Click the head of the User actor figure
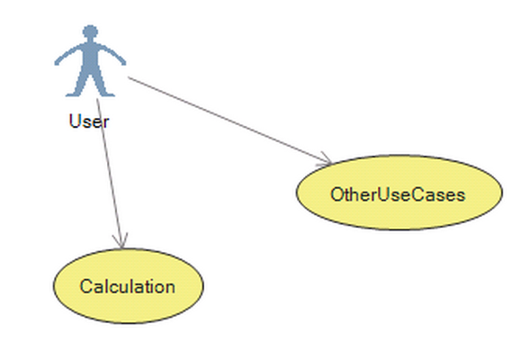[90, 31]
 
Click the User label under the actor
[89, 121]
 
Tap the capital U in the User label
[75, 121]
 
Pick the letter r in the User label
[106, 122]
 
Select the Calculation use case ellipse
[129, 285]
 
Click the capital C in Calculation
[85, 286]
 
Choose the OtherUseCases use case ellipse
[399, 192]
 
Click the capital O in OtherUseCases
[337, 194]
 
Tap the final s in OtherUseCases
[461, 196]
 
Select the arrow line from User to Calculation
[110, 173]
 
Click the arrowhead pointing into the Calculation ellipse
[121, 241]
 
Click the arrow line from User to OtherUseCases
[229, 121]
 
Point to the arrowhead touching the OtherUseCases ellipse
[325, 159]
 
